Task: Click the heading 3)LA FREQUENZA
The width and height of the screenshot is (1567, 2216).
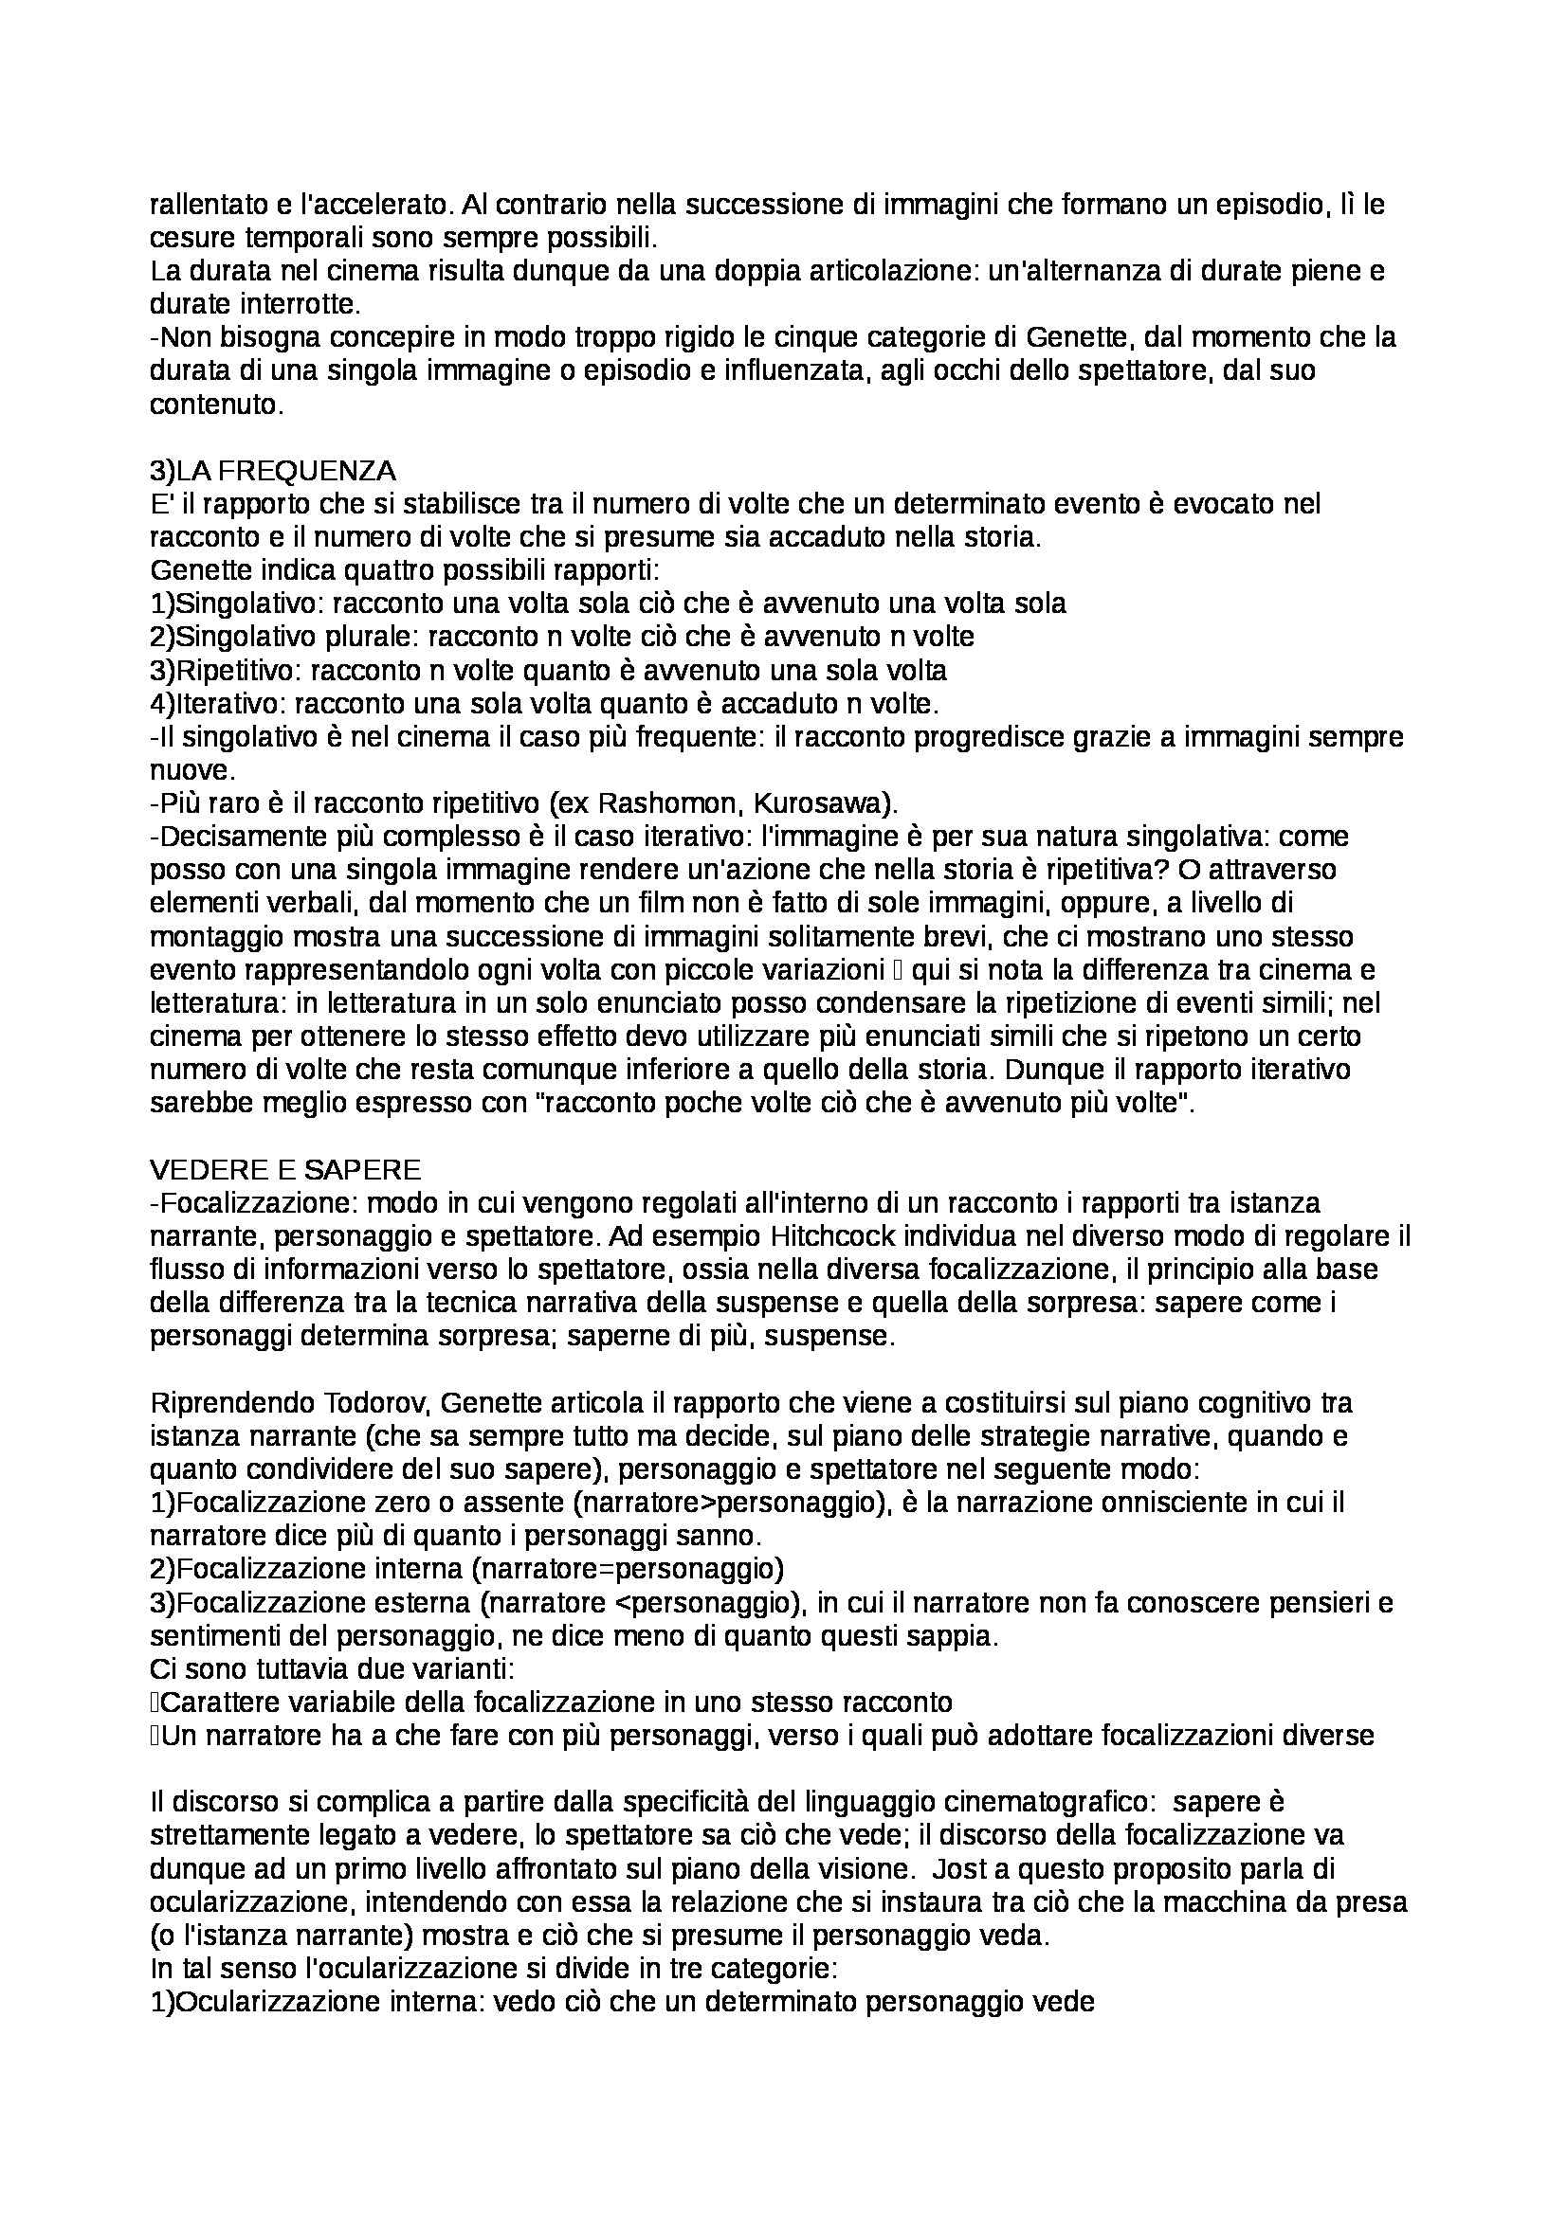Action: [272, 471]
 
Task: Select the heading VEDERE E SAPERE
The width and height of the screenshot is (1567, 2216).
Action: [284, 1170]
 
